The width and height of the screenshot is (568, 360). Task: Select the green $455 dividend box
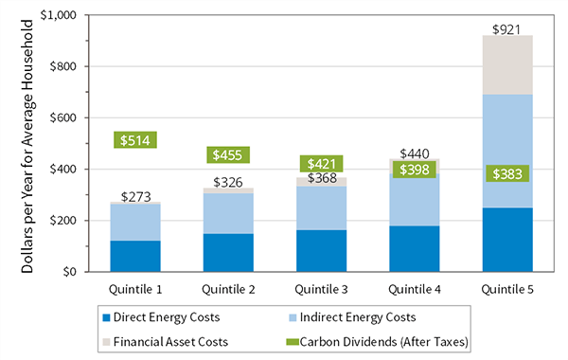[x=226, y=155]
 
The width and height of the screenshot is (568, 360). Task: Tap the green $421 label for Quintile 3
[x=319, y=164]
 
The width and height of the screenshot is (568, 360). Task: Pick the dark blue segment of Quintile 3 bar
[x=319, y=250]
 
